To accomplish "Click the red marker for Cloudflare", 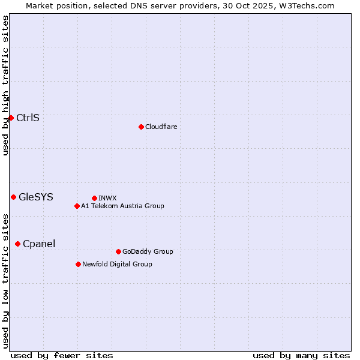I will point(141,127).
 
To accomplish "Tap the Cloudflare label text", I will point(161,127).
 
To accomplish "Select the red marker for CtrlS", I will point(11,118).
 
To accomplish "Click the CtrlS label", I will point(28,118).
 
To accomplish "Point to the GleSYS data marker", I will point(13,197).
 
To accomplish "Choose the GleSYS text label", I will point(35,197).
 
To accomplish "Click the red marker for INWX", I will point(94,198).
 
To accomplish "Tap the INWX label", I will point(107,198).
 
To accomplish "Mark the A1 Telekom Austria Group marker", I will point(77,206).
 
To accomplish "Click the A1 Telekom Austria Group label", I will point(122,206).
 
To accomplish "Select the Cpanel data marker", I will point(17,244).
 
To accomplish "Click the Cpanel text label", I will point(38,244).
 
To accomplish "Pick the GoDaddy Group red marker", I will point(118,251).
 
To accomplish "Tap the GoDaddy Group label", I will point(147,251).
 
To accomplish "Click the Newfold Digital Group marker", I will point(78,264).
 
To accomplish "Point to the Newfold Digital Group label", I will point(117,264).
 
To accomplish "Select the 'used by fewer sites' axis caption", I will point(62,355).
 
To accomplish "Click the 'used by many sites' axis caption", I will point(301,355).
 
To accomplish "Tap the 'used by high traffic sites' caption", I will point(5,85).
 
